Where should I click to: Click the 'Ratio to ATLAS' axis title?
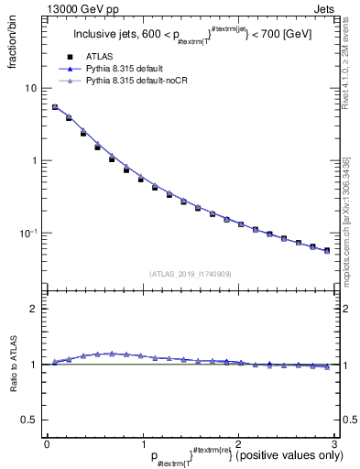pos(14,367)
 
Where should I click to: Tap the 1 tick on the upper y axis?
pos(35,161)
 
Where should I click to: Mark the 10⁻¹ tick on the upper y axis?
pos(29,233)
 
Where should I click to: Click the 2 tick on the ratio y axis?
pos(35,309)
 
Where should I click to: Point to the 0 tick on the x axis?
pos(47,442)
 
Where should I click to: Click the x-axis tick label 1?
pos(142,442)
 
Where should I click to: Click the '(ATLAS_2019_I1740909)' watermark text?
pos(190,274)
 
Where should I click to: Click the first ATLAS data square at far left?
pos(55,107)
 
